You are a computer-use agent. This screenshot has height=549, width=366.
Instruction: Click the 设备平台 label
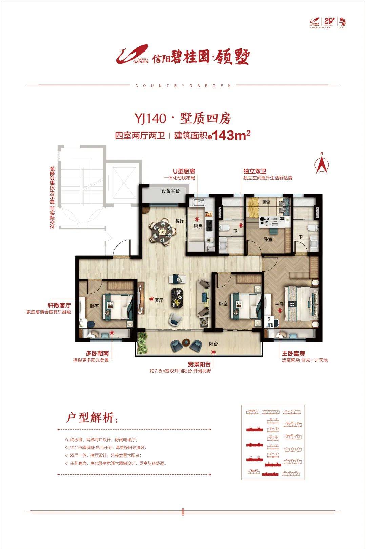tap(170, 191)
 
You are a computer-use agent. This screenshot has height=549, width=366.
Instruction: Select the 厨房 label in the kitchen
tap(198, 226)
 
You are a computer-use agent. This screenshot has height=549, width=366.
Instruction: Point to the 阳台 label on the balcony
tap(213, 344)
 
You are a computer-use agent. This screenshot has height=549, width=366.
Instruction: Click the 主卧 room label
tap(279, 304)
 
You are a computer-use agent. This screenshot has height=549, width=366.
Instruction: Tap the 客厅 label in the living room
tap(159, 300)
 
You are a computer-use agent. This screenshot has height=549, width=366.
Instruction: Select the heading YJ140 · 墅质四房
tap(183, 119)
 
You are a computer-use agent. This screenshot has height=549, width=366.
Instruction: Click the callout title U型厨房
tap(184, 171)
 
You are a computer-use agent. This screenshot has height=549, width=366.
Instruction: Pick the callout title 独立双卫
tap(255, 171)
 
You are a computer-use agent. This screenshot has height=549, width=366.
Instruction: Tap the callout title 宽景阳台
tap(199, 365)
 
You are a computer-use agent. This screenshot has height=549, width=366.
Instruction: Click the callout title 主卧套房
tap(293, 353)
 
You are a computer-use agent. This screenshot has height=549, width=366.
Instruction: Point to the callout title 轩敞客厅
tap(59, 306)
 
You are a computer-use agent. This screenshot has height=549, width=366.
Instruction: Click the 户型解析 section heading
tap(92, 418)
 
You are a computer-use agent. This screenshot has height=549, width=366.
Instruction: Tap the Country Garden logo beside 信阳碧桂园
tap(132, 55)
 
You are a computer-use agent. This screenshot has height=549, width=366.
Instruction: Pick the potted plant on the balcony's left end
tap(142, 342)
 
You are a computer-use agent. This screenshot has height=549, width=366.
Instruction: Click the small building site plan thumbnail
tap(273, 442)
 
